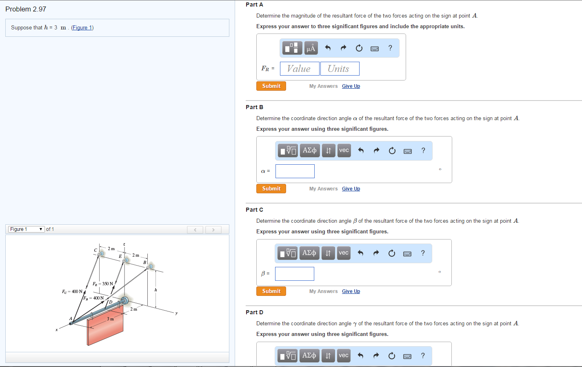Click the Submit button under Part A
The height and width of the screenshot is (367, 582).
tap(271, 86)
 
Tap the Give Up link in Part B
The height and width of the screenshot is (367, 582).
tap(351, 189)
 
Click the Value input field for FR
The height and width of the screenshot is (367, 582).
tap(299, 69)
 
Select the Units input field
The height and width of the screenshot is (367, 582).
tap(340, 69)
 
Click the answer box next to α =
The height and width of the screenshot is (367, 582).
tap(295, 171)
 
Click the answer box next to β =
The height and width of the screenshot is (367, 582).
tap(294, 274)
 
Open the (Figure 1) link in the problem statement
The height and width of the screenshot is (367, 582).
tap(82, 28)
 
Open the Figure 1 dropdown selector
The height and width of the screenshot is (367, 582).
tap(26, 229)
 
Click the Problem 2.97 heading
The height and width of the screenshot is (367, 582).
tap(26, 9)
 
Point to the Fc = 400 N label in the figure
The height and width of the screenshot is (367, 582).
tap(72, 291)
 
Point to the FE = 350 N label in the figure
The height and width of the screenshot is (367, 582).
tap(102, 284)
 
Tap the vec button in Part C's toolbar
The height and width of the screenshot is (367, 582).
tap(344, 253)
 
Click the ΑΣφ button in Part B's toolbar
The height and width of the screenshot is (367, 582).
tap(309, 150)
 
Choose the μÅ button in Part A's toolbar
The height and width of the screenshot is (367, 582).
tap(311, 48)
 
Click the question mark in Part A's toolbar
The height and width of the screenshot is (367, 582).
tap(390, 48)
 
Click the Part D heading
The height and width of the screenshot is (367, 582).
tap(254, 312)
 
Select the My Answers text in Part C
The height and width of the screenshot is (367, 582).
tap(323, 291)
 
